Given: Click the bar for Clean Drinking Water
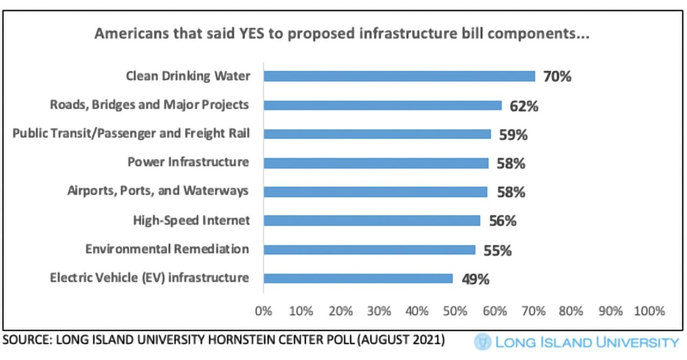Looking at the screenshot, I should pyautogui.click(x=399, y=76).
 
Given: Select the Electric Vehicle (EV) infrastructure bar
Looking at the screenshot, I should pyautogui.click(x=357, y=278).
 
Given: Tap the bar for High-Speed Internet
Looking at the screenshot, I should pyautogui.click(x=371, y=220).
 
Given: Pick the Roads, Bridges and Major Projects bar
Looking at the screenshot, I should pyautogui.click(x=382, y=105).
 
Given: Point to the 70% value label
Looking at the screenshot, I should pyautogui.click(x=556, y=76).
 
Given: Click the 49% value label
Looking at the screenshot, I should pyautogui.click(x=475, y=279).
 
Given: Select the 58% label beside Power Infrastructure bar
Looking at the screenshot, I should pyautogui.click(x=510, y=163).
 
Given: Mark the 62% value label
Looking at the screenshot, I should pyautogui.click(x=524, y=105).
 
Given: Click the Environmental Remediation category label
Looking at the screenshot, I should pyautogui.click(x=167, y=249).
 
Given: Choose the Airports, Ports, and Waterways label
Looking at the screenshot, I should pyautogui.click(x=158, y=191).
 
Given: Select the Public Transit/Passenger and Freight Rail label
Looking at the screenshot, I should pyautogui.click(x=131, y=133).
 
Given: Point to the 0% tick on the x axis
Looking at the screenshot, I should pyautogui.click(x=263, y=311).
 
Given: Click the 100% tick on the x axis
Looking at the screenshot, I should pyautogui.click(x=649, y=311).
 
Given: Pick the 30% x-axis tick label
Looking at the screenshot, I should pyautogui.click(x=379, y=311).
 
